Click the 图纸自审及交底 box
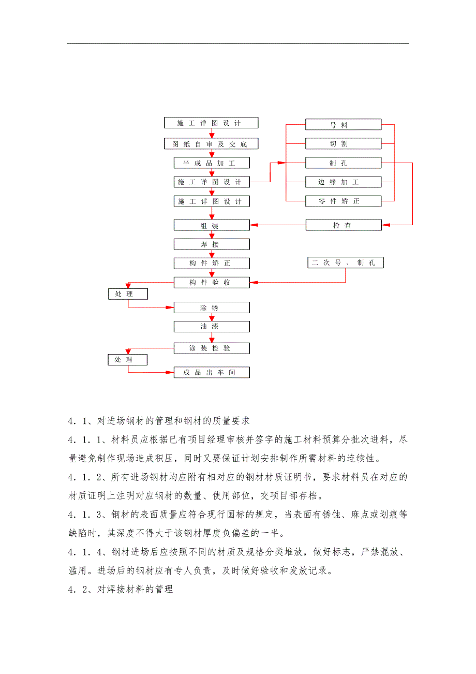pyautogui.click(x=211, y=144)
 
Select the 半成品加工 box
pyautogui.click(x=211, y=163)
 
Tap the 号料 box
pyautogui.click(x=343, y=125)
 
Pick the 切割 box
pyautogui.click(x=343, y=144)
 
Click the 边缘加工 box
pyautogui.click(x=343, y=182)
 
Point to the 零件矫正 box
pyautogui.click(x=343, y=201)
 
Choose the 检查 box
pyautogui.click(x=343, y=225)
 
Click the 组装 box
pyautogui.click(x=211, y=225)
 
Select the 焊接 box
pyautogui.click(x=211, y=244)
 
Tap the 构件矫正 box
pyautogui.click(x=211, y=263)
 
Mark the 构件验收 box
pyautogui.click(x=211, y=283)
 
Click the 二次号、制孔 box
pyautogui.click(x=346, y=263)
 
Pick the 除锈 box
pyautogui.click(x=211, y=307)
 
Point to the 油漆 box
pyautogui.click(x=211, y=327)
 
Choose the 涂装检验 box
pyautogui.click(x=211, y=348)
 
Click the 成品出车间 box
pyautogui.click(x=211, y=372)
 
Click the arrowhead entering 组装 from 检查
pyautogui.click(x=254, y=225)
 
